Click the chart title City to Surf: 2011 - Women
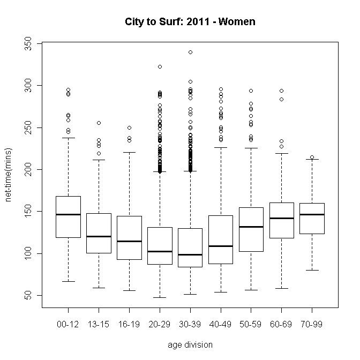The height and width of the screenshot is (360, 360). [x=190, y=22]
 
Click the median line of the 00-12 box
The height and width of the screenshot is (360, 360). [x=68, y=214]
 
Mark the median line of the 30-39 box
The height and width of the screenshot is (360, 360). [x=190, y=254]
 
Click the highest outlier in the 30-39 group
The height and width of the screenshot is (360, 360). [x=190, y=52]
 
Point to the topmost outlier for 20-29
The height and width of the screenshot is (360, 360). [x=160, y=66]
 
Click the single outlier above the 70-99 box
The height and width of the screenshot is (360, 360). [x=312, y=157]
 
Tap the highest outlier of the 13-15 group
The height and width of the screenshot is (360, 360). [x=99, y=123]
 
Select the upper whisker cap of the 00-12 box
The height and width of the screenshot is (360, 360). [x=68, y=138]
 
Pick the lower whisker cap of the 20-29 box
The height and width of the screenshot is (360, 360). [x=160, y=297]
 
